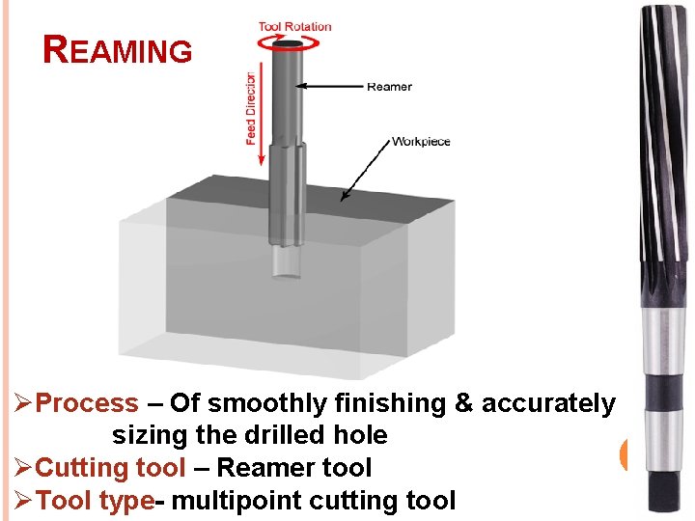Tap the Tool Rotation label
point(294,26)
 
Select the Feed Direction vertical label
point(251,108)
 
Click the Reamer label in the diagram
point(389,87)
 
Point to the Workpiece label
point(421,142)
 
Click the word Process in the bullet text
point(87,403)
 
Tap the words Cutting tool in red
point(110,468)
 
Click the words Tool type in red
point(95,500)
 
